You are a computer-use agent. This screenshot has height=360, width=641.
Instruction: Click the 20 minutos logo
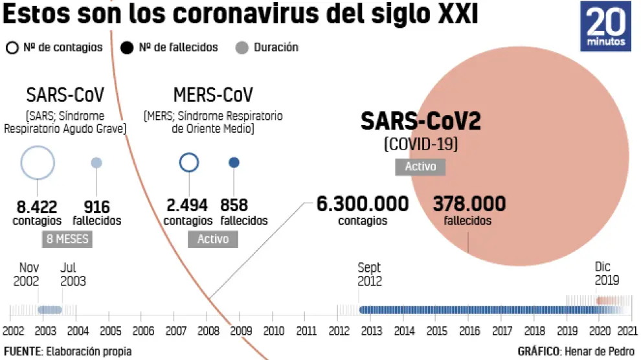(607, 27)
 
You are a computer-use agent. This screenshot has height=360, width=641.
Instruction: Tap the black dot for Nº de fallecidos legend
(127, 47)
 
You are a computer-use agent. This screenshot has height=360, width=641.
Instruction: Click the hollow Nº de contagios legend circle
(12, 47)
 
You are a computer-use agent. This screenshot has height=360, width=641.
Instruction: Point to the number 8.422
(37, 207)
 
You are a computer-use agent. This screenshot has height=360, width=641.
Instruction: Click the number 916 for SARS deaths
(96, 207)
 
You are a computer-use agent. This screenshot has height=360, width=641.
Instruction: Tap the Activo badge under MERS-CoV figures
(213, 239)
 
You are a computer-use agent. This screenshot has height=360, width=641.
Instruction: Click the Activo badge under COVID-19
(420, 166)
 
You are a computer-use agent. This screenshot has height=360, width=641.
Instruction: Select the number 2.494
(187, 206)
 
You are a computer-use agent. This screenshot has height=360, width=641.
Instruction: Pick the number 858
(234, 206)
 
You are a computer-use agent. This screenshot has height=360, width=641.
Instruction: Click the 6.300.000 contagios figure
(363, 204)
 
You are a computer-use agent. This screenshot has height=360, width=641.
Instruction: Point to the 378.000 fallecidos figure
(469, 204)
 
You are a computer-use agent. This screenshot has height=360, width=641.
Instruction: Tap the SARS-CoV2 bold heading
(420, 121)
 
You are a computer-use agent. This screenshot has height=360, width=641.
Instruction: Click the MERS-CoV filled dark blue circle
(234, 163)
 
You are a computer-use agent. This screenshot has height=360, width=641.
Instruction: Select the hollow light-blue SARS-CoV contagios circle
(37, 163)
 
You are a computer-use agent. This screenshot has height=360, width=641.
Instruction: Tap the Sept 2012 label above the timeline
(370, 274)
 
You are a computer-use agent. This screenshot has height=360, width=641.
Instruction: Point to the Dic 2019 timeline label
(607, 274)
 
